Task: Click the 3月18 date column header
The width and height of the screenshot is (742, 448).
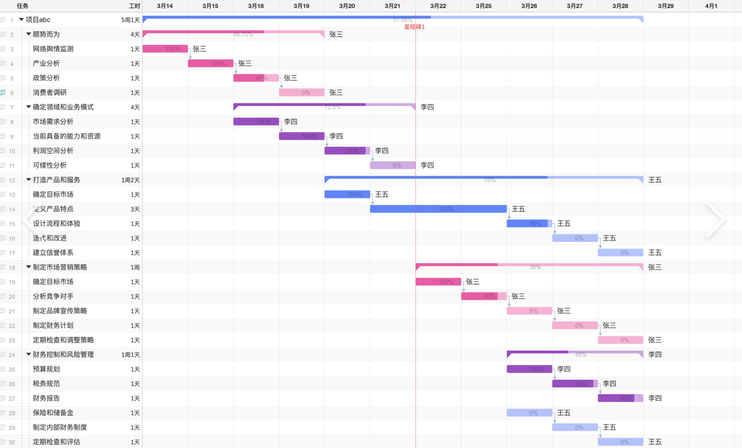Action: (x=256, y=6)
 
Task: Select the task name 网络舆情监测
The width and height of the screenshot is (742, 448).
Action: (x=53, y=49)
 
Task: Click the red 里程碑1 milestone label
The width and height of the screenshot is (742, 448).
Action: (x=414, y=27)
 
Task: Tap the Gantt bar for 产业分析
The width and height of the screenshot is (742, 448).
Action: (x=210, y=63)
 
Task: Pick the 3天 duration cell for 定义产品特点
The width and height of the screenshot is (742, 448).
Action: (x=135, y=209)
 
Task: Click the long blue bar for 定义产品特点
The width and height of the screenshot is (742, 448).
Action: (x=438, y=209)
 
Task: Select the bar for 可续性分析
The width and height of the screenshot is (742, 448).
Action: (x=393, y=165)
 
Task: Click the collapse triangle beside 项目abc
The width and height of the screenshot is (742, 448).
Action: (x=22, y=20)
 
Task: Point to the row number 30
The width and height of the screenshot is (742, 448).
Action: (x=12, y=442)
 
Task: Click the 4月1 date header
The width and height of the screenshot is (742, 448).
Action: (x=711, y=6)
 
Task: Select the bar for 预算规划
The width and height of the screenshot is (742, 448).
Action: (x=529, y=369)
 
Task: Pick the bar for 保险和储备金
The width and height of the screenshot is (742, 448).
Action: (x=529, y=413)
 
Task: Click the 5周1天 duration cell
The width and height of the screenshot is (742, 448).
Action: (x=130, y=20)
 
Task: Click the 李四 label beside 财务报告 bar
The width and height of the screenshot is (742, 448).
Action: (x=655, y=398)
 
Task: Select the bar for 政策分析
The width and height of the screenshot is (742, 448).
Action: (x=256, y=78)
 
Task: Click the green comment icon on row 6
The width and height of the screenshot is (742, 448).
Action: (x=3, y=93)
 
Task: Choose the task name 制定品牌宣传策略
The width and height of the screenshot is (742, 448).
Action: (x=60, y=311)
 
